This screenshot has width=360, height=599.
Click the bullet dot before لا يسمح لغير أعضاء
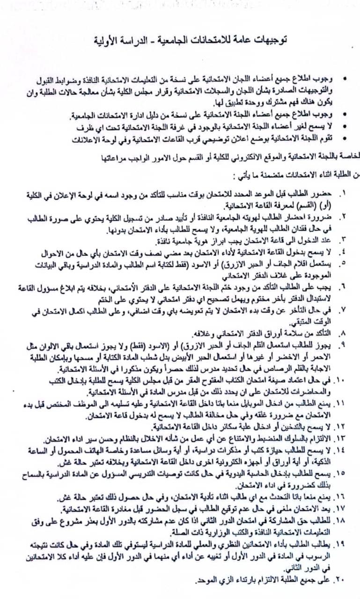click(345, 127)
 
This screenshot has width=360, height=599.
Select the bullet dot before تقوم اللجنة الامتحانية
click(345, 139)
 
